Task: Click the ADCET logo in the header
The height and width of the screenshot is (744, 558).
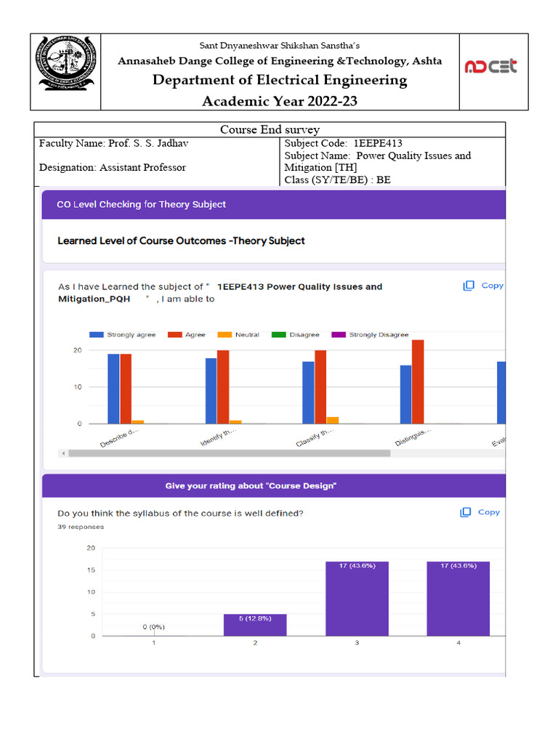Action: click(491, 67)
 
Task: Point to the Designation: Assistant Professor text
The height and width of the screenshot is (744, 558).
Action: click(112, 167)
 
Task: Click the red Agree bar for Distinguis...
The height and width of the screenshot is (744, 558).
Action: click(418, 381)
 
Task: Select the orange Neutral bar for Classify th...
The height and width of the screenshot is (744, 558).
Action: click(332, 420)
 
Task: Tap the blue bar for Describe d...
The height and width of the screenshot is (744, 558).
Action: click(113, 389)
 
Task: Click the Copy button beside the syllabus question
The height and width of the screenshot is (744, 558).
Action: click(480, 512)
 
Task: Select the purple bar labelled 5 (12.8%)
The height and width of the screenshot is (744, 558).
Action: click(254, 625)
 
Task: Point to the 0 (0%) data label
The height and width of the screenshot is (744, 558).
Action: click(153, 626)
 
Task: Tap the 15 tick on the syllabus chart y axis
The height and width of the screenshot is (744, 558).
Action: click(91, 570)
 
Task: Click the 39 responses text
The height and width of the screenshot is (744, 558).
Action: click(80, 527)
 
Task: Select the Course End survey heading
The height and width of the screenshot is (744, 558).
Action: click(270, 129)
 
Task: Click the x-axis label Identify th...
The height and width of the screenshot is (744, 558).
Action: click(217, 437)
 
